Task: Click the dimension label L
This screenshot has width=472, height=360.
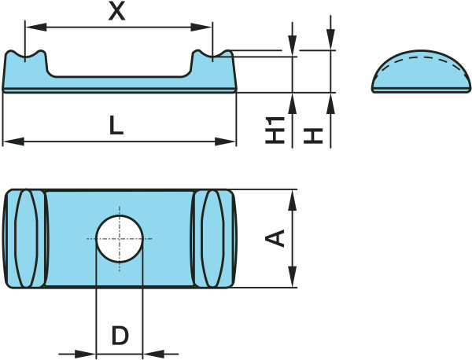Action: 116,125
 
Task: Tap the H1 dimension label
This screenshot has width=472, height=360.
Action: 275,130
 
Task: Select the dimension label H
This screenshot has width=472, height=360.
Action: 313,136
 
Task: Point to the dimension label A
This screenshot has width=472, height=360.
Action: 275,238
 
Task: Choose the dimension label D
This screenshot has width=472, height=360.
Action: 120,336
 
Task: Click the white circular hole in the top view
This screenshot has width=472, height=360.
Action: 120,239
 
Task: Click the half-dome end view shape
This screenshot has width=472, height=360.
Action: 421,72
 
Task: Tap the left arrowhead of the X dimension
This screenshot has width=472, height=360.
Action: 36,27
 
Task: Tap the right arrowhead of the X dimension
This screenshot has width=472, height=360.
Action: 201,27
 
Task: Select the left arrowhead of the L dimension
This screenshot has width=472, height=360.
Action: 13,141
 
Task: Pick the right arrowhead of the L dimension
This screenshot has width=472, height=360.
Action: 225,141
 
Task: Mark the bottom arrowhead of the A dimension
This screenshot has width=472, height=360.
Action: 293,277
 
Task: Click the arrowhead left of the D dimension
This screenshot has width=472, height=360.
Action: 85,354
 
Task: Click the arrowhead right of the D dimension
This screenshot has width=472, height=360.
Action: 153,354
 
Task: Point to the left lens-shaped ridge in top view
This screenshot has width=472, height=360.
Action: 26,238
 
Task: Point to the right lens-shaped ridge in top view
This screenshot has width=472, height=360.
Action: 213,238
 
